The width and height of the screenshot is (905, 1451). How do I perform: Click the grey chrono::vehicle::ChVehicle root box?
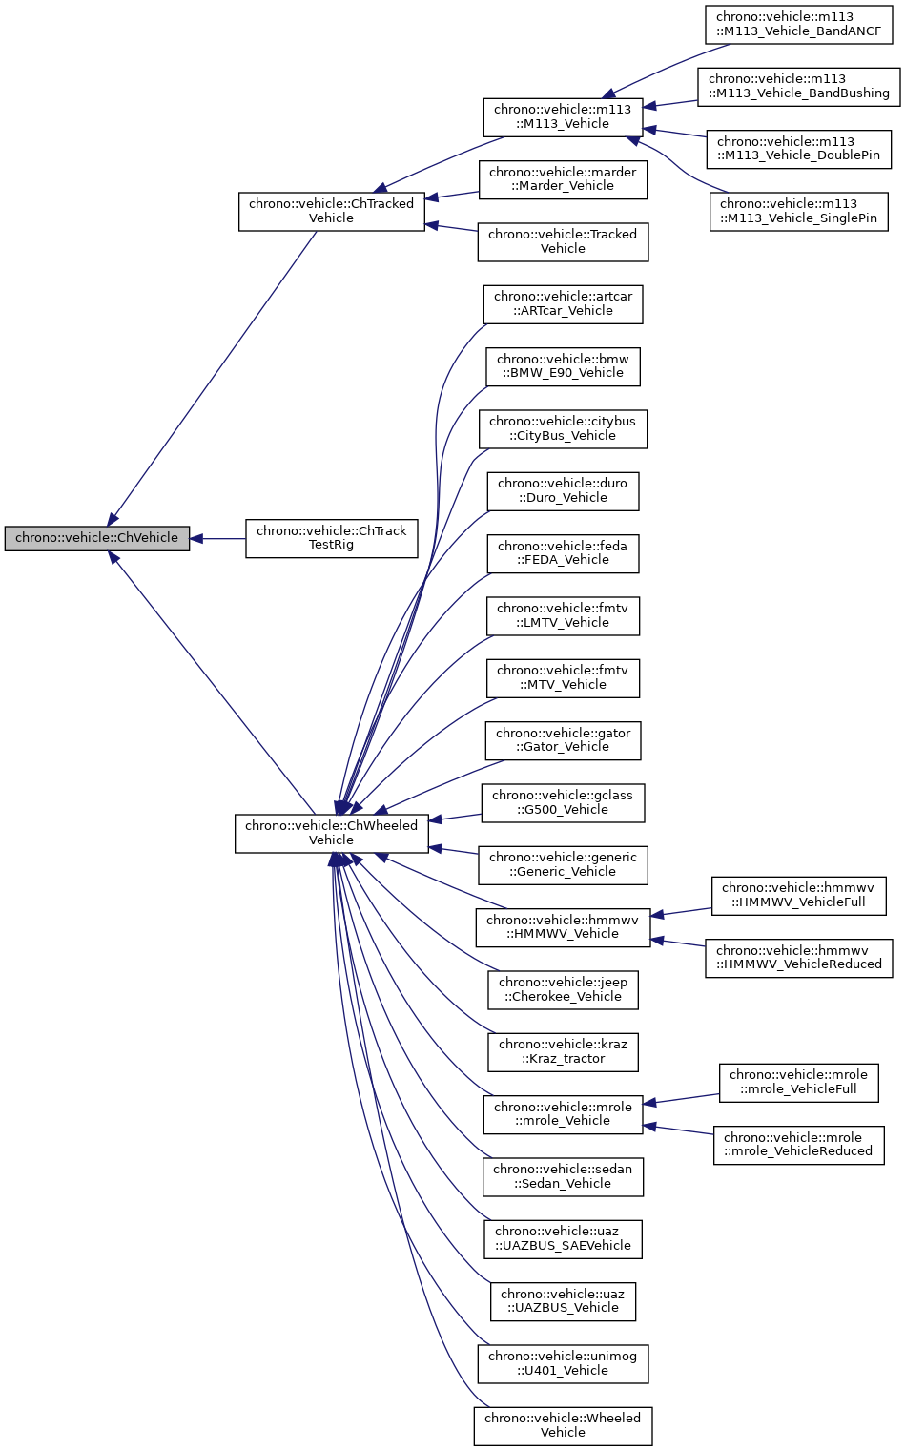[x=97, y=538]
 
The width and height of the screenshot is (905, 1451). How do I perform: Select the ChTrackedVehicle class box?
[x=331, y=211]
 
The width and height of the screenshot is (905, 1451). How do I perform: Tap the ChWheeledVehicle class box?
[x=331, y=833]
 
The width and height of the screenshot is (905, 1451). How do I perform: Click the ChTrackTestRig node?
[x=331, y=538]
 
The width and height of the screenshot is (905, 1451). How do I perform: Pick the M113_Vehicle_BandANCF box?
[x=799, y=25]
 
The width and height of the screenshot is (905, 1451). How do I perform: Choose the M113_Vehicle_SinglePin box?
[x=798, y=211]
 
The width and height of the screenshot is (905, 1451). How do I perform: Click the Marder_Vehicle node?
[x=563, y=179]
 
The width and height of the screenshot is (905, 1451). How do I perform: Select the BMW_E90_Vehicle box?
[x=563, y=366]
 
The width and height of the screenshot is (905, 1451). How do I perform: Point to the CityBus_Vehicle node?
[x=563, y=428]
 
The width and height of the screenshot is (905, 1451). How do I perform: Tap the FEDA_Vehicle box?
[x=563, y=553]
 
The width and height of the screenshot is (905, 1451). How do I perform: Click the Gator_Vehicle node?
[x=563, y=740]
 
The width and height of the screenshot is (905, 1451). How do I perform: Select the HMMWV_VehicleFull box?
[x=798, y=895]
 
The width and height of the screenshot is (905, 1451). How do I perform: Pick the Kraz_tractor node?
[x=563, y=1051]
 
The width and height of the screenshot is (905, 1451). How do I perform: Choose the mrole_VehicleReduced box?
[x=798, y=1145]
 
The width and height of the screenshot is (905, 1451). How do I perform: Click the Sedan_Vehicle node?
[x=563, y=1176]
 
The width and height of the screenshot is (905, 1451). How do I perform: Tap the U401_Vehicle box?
[x=563, y=1363]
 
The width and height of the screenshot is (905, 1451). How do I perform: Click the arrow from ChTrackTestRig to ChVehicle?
[x=217, y=539]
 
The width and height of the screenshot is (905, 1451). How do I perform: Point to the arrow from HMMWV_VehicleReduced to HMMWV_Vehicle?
[x=678, y=943]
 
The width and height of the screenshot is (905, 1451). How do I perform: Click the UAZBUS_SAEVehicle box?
[x=563, y=1238]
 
